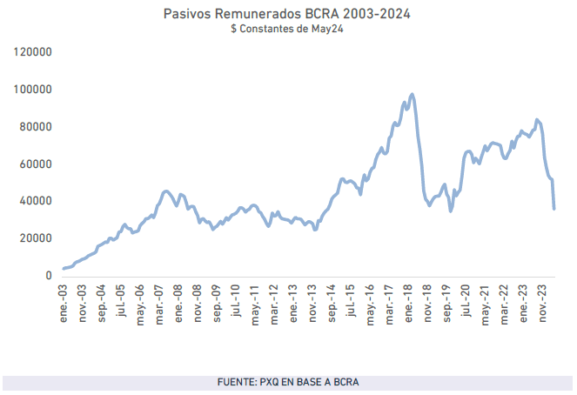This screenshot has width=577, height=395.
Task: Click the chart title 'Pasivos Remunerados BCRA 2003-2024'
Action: pos(288,15)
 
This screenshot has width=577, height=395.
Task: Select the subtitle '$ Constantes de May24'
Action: pos(288,29)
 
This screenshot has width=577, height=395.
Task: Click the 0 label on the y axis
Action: pos(50,276)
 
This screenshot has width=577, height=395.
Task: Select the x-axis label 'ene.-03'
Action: pos(64,300)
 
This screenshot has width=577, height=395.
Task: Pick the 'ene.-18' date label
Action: pos(410,300)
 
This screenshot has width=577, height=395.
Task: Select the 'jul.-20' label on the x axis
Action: pos(467,300)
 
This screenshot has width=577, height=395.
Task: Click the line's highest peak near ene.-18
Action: pos(412,94)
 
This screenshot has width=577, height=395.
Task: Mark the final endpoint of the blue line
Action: pos(554,208)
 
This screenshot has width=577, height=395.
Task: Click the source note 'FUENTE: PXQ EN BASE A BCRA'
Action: pos(288,383)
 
